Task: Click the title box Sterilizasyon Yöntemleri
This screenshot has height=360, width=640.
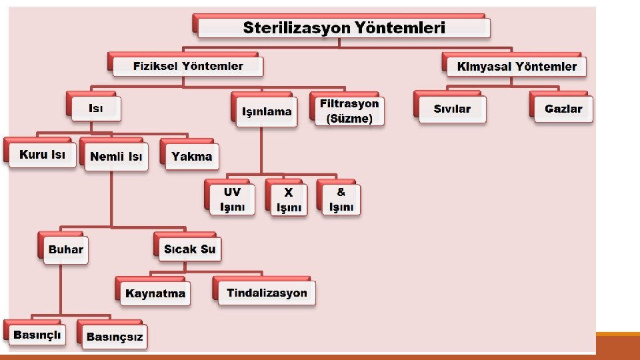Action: [344, 27]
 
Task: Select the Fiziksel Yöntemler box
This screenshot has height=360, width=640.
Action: [188, 66]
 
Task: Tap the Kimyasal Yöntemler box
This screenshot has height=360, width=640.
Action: [517, 67]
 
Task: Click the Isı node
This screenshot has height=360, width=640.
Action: [96, 108]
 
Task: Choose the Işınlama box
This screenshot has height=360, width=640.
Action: [267, 111]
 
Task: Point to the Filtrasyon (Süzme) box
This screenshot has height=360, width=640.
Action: [349, 111]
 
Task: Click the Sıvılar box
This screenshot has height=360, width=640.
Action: [452, 109]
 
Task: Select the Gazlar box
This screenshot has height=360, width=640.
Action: [563, 109]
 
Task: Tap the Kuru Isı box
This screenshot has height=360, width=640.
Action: [42, 155]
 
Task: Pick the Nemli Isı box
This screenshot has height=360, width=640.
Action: [116, 157]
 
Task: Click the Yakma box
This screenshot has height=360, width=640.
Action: [191, 157]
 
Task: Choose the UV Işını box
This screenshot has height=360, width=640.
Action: [232, 199]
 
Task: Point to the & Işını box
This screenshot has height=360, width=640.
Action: [341, 199]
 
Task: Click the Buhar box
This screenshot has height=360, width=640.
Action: [65, 250]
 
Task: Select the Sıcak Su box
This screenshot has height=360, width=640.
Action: [189, 249]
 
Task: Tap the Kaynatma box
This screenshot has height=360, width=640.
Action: [155, 293]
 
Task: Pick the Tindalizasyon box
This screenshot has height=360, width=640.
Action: [267, 293]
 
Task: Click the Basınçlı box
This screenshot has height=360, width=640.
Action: [38, 335]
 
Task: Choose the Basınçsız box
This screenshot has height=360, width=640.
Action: [114, 337]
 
